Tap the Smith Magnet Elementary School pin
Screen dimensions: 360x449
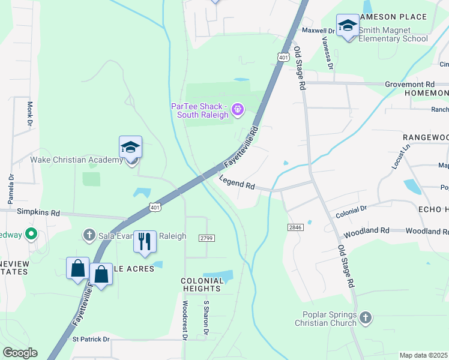coord(348,26)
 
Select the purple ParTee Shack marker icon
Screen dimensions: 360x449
coord(238,109)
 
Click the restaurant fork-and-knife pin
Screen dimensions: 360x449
coord(145,241)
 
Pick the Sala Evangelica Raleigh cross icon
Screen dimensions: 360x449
coord(89,235)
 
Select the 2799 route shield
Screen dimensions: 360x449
coord(207,238)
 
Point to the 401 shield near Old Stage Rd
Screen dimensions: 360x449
coord(284,56)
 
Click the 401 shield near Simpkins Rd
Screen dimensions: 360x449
coord(155,208)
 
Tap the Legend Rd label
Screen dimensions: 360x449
coord(237,182)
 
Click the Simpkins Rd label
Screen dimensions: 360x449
coord(38,212)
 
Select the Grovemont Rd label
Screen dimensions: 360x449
coord(409,85)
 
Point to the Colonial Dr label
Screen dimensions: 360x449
coord(351,210)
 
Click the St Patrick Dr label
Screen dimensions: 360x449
coord(91,339)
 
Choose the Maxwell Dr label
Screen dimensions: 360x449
coord(318,30)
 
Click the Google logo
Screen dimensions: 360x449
coord(20,353)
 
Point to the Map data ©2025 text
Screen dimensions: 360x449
coord(424,355)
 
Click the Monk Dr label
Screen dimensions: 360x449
coord(29,114)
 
